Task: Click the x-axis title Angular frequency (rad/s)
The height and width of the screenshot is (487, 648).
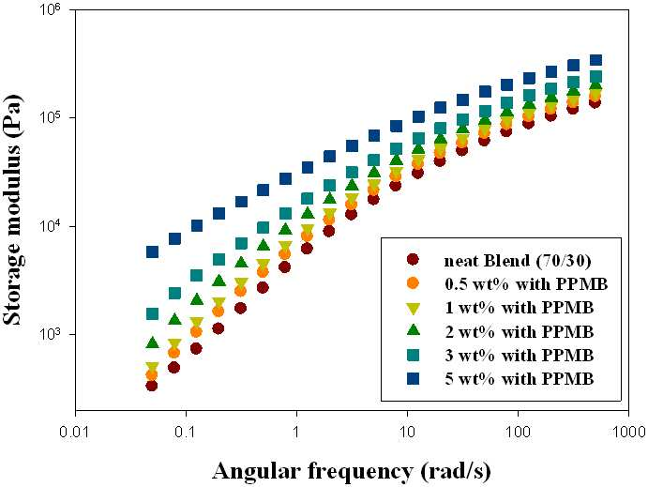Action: (x=352, y=472)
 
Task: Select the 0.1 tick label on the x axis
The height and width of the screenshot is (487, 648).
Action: (x=186, y=433)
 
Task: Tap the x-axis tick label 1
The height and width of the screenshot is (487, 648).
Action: (x=296, y=433)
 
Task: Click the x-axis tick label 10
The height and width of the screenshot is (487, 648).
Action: (x=408, y=433)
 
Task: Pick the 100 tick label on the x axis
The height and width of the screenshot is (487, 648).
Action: (x=518, y=433)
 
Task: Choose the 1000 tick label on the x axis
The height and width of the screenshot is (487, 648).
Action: (x=628, y=433)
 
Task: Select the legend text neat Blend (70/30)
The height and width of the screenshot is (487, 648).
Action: (x=518, y=261)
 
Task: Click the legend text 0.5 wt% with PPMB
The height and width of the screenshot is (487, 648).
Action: (x=526, y=284)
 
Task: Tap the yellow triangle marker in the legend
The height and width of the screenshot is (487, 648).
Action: (x=413, y=308)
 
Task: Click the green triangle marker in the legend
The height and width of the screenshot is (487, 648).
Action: (x=413, y=330)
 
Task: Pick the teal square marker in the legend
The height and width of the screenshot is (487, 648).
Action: (x=413, y=355)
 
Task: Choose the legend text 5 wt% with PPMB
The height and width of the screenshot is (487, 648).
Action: (x=520, y=379)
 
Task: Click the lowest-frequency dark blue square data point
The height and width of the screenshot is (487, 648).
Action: (x=152, y=251)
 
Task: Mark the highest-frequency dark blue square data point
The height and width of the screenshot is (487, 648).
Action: (x=595, y=60)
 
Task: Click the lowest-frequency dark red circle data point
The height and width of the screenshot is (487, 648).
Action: (x=152, y=386)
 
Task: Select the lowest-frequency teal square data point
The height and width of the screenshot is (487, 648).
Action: (x=152, y=314)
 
